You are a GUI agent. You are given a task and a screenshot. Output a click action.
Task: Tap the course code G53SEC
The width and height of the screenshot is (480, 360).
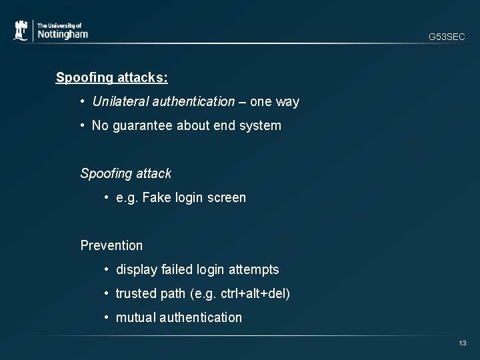coord(446,37)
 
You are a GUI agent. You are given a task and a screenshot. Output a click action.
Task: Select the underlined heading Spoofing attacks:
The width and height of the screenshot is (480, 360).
coord(112,78)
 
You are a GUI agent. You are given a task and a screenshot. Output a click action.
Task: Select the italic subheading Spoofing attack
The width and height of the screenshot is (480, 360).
coord(125,173)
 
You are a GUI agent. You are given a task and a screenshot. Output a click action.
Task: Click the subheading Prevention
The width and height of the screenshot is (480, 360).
coord(111,245)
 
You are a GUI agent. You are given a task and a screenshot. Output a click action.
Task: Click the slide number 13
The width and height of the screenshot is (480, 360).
coord(462,343)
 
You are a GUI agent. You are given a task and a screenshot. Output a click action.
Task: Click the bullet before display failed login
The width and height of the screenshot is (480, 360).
coord(107,269)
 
